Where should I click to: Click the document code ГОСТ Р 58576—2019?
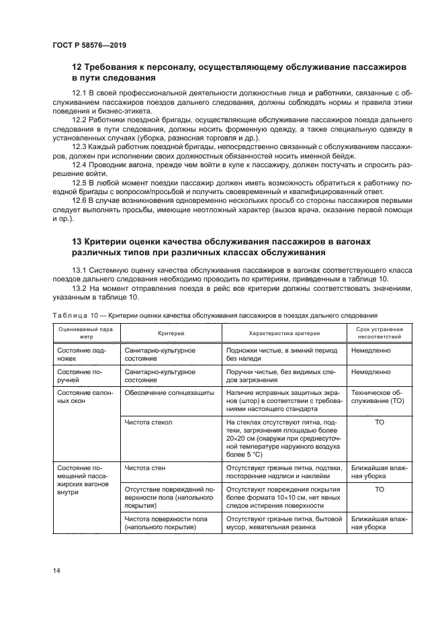(88, 44)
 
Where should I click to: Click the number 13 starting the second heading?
(78, 241)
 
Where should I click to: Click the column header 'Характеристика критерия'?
(283, 333)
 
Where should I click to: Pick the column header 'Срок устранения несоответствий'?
(379, 333)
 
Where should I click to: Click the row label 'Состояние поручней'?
(79, 375)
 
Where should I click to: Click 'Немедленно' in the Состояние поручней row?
(370, 371)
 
